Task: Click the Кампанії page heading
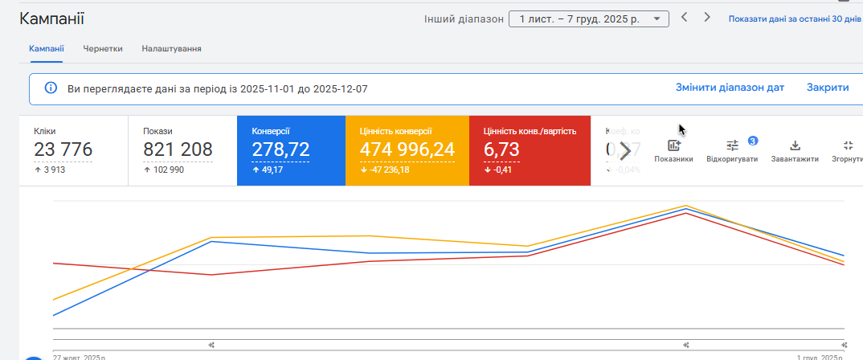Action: coord(51,19)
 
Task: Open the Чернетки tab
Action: coord(103,48)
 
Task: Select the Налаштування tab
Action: coord(171,48)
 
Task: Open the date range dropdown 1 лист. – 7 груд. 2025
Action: coord(589,18)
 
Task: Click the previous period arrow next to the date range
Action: coord(684,17)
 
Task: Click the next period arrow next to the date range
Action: coord(707,17)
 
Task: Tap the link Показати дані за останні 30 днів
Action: coord(794,18)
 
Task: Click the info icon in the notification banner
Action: coord(51,88)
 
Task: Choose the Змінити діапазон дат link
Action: coord(730,88)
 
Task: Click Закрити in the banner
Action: coord(828,88)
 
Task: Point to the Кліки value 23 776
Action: coord(63,149)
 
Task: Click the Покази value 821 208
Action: coord(178,149)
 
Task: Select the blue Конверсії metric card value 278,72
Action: coord(280,149)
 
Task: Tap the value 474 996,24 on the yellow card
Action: coord(407,149)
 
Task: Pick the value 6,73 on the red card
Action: coord(501,149)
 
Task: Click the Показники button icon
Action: coord(673,145)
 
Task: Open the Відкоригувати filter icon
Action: coord(732,145)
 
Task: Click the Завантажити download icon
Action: coord(795,145)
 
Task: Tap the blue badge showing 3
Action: coord(753,141)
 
